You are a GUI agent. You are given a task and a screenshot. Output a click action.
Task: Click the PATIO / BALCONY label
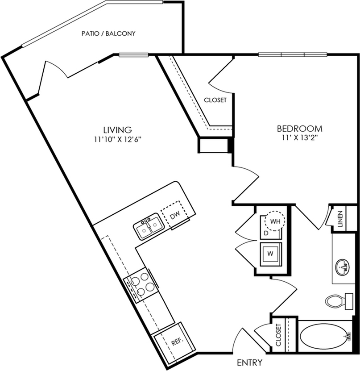tap(108, 33)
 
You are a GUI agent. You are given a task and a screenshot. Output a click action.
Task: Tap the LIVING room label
tap(117, 129)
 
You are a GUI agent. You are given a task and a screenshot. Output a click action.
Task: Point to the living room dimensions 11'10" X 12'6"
tap(117, 140)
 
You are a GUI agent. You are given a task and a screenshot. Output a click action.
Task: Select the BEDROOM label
tap(299, 129)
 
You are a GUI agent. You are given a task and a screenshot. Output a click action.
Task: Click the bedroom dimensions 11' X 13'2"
tap(299, 138)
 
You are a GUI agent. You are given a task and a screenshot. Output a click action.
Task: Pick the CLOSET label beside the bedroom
tap(215, 100)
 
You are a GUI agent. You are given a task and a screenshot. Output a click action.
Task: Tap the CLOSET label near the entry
tap(278, 335)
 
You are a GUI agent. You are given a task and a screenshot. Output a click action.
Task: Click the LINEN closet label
tap(340, 219)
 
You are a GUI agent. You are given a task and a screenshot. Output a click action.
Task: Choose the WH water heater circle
tap(275, 221)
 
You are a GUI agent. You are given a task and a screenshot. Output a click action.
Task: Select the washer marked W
tap(271, 254)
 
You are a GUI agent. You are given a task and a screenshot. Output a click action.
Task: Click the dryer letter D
tap(266, 233)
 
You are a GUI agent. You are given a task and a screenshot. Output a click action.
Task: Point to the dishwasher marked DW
tap(175, 215)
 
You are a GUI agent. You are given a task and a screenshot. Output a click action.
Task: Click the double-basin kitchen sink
tap(149, 228)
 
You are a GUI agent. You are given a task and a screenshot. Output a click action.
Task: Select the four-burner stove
tap(141, 285)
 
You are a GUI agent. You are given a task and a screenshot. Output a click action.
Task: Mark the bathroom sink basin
tap(343, 267)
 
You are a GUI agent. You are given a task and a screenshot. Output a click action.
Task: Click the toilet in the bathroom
tap(339, 301)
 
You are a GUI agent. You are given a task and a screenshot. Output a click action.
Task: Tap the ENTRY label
tap(250, 362)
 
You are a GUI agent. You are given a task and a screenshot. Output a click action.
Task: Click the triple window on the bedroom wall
tap(293, 54)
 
